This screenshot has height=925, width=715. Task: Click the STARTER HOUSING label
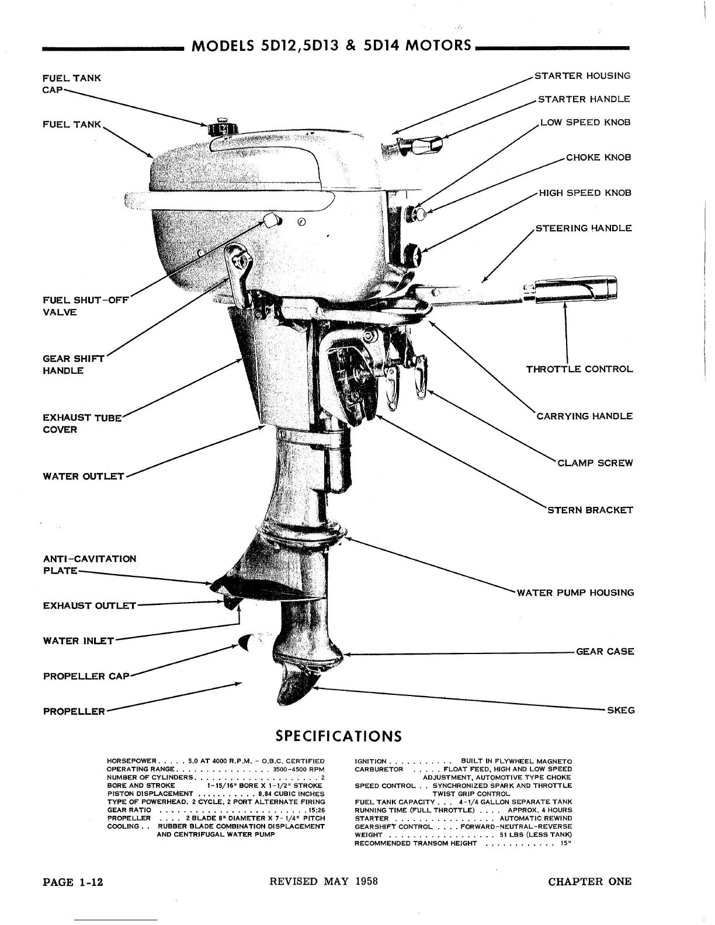click(583, 76)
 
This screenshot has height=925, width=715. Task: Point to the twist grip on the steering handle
click(575, 290)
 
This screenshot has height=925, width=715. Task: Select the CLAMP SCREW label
click(595, 463)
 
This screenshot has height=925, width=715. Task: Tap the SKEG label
click(621, 711)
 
